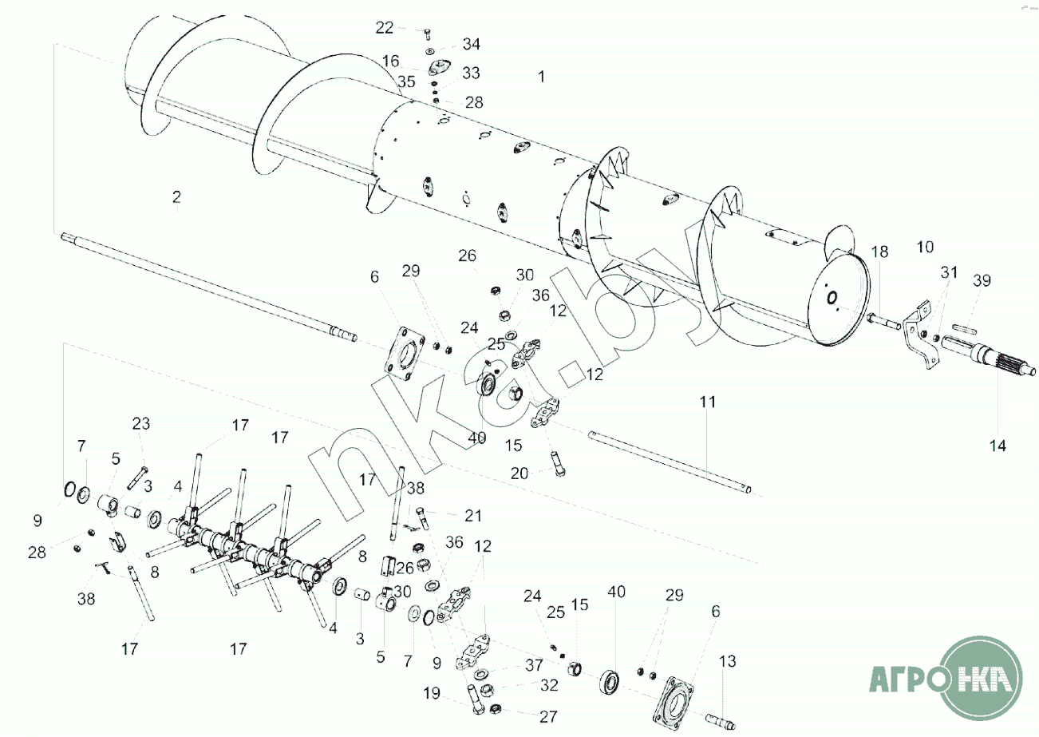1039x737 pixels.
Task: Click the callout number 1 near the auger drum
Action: (541, 77)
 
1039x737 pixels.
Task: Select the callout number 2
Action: (176, 197)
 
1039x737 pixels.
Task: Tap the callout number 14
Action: (998, 446)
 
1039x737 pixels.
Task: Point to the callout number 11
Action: (708, 402)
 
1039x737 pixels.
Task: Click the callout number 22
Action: (384, 28)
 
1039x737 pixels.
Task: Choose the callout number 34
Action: (472, 44)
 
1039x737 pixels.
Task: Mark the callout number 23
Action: (141, 423)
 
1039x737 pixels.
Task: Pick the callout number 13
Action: (727, 661)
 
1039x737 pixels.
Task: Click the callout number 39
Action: (982, 280)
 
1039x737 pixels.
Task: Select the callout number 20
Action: (519, 474)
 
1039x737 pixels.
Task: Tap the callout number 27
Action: (547, 716)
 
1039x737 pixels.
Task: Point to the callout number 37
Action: (534, 664)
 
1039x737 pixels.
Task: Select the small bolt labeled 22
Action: (427, 34)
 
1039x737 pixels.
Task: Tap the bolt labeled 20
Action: (558, 464)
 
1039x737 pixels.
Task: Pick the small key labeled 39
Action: (965, 329)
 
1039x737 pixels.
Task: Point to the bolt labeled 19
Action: (476, 700)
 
